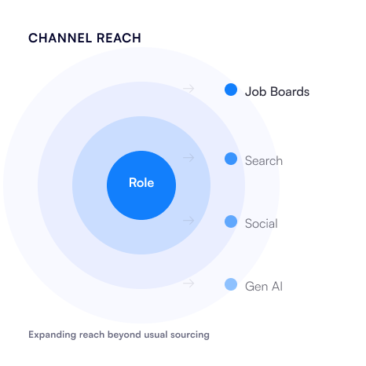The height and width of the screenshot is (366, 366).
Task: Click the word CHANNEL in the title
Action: (60, 38)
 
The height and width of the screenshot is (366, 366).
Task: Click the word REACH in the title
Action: (119, 38)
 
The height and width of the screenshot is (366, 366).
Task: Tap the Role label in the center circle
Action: (141, 183)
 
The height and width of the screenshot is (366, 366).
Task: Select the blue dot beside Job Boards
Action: (231, 90)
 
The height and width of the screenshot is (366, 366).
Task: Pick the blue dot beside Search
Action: (231, 159)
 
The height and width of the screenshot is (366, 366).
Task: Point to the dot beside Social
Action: (231, 221)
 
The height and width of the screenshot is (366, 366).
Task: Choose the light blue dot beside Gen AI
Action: (231, 284)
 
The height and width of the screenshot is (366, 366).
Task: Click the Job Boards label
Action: (277, 92)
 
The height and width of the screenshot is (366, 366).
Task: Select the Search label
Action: (264, 161)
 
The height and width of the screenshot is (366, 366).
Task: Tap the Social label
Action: (262, 224)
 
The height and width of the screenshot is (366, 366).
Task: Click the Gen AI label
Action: (264, 287)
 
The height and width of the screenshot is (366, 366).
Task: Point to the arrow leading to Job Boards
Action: (188, 89)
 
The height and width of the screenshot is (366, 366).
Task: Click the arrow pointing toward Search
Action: (188, 158)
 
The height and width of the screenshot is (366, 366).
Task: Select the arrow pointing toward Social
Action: (188, 221)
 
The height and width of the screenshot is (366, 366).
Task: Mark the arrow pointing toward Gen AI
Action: (188, 284)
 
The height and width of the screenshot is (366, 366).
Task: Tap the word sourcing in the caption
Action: (190, 335)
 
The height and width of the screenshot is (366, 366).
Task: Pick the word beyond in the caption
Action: (124, 335)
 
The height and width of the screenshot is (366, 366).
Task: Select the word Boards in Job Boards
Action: (290, 92)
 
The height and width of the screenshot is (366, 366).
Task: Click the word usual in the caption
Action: (156, 335)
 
